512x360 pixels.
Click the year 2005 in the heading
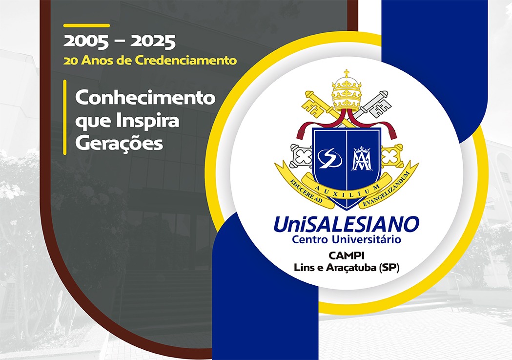pos(86,42)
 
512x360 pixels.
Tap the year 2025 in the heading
pos(153,42)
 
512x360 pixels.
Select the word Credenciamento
pos(186,61)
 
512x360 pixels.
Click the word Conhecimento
pos(145,98)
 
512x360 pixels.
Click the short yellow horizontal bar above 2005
pos(86,25)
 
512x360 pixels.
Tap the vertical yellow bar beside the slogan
pos(65,117)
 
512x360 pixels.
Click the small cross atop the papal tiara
pos(347,73)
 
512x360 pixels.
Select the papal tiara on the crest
pos(347,93)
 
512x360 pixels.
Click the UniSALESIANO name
pos(346,224)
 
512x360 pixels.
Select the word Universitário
pos(367,239)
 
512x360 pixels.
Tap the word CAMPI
pos(346,255)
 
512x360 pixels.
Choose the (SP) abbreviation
pos(389,268)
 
